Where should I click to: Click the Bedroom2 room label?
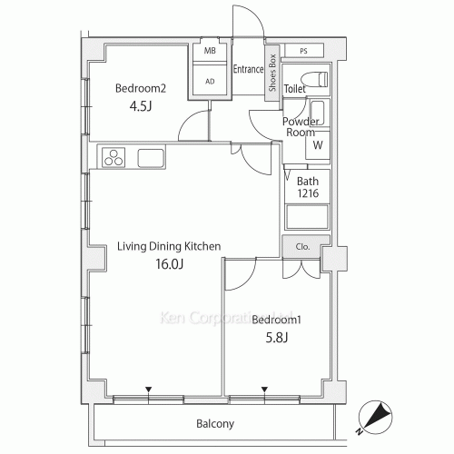pos(141,88)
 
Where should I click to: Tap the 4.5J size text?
pos(141,106)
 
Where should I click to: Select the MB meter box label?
pos(210,51)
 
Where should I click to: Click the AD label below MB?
pos(210,81)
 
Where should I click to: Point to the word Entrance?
pos(248,69)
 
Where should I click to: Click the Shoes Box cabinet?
pos(272,74)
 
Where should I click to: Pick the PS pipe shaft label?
pos(303,51)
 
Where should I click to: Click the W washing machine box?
pos(318,145)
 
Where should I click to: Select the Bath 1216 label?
pos(308,187)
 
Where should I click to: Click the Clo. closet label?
pos(302,247)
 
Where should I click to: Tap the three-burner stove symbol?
pos(113,157)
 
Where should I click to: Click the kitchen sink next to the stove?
pos(151,158)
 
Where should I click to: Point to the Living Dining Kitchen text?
pos(169,246)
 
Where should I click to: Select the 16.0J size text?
pos(170,264)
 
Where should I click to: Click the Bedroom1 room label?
pos(276,320)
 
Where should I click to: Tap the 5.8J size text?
pos(277,337)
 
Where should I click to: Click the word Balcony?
pos(215,424)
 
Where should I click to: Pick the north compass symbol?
pos(375,418)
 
